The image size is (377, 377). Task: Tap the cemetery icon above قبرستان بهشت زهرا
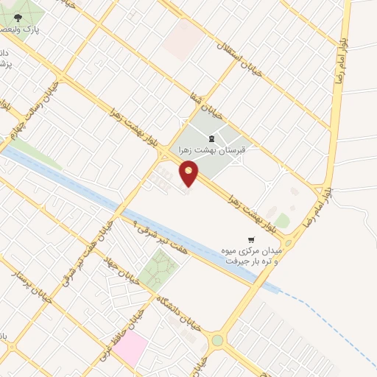212,138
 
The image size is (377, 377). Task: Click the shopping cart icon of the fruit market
251,239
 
